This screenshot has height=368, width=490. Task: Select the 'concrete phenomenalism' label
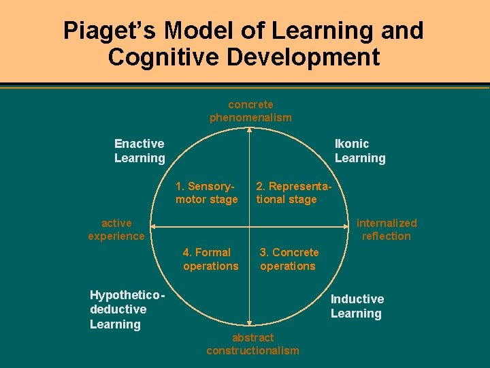250,111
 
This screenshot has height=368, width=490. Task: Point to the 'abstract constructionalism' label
252,344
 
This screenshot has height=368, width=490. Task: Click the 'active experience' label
116,230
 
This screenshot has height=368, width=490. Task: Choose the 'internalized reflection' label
387,230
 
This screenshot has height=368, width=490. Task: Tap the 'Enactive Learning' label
140,151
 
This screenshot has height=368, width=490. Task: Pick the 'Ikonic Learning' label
360,151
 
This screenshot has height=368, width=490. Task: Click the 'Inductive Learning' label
357,306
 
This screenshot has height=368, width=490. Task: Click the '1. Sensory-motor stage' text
207,193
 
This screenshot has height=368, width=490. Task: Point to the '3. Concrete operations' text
289,259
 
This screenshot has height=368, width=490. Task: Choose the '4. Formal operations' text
210,259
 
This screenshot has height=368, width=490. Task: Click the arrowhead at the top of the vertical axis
250,130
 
